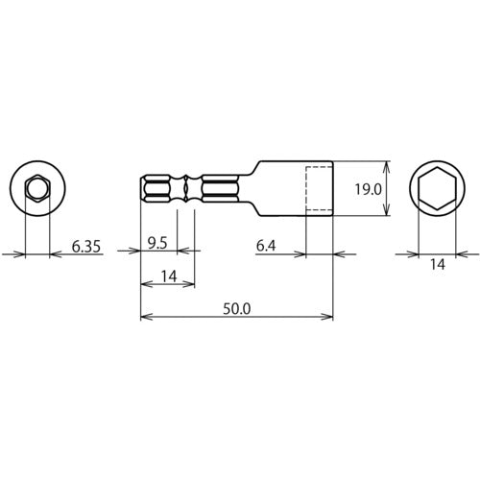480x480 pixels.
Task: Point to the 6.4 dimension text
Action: click(268, 247)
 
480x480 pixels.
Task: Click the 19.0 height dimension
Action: click(368, 189)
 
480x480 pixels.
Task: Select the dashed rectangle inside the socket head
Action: click(319, 189)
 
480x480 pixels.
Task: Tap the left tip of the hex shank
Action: click(142, 189)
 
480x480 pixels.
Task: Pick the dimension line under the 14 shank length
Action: click(168, 285)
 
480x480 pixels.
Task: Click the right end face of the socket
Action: click(332, 189)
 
